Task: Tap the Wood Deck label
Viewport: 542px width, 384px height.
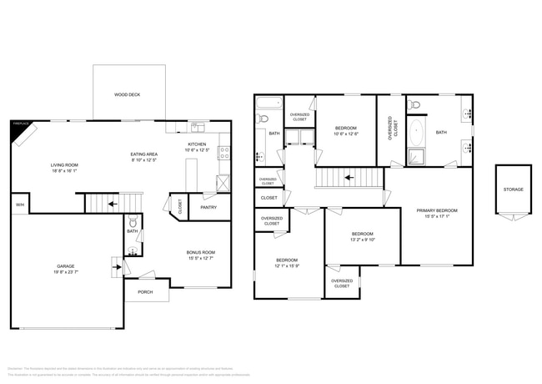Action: (127, 95)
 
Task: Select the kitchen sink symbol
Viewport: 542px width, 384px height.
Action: (196, 127)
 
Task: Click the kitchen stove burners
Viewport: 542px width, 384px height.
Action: (223, 153)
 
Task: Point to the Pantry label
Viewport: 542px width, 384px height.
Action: (208, 207)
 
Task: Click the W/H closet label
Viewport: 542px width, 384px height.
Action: (18, 204)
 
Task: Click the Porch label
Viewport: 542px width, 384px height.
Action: (145, 291)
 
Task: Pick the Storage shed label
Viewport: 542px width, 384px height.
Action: (513, 189)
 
